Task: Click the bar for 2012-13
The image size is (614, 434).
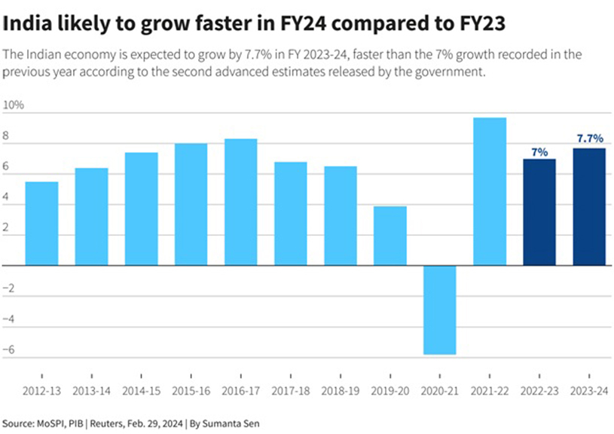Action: (41, 224)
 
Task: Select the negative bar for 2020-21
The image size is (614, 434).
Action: (440, 310)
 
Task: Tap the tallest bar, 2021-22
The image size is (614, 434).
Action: (490, 191)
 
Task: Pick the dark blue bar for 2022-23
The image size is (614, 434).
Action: (539, 212)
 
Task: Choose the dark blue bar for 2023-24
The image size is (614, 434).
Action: (589, 206)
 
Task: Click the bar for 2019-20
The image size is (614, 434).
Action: (390, 236)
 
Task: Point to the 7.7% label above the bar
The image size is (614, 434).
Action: (590, 139)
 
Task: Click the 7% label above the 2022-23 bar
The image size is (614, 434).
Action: (539, 151)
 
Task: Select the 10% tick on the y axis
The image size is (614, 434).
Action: (14, 105)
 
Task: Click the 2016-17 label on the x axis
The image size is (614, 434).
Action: (241, 392)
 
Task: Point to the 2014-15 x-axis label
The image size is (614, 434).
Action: (141, 392)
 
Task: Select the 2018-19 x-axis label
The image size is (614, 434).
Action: (341, 392)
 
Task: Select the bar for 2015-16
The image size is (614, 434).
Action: (191, 204)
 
